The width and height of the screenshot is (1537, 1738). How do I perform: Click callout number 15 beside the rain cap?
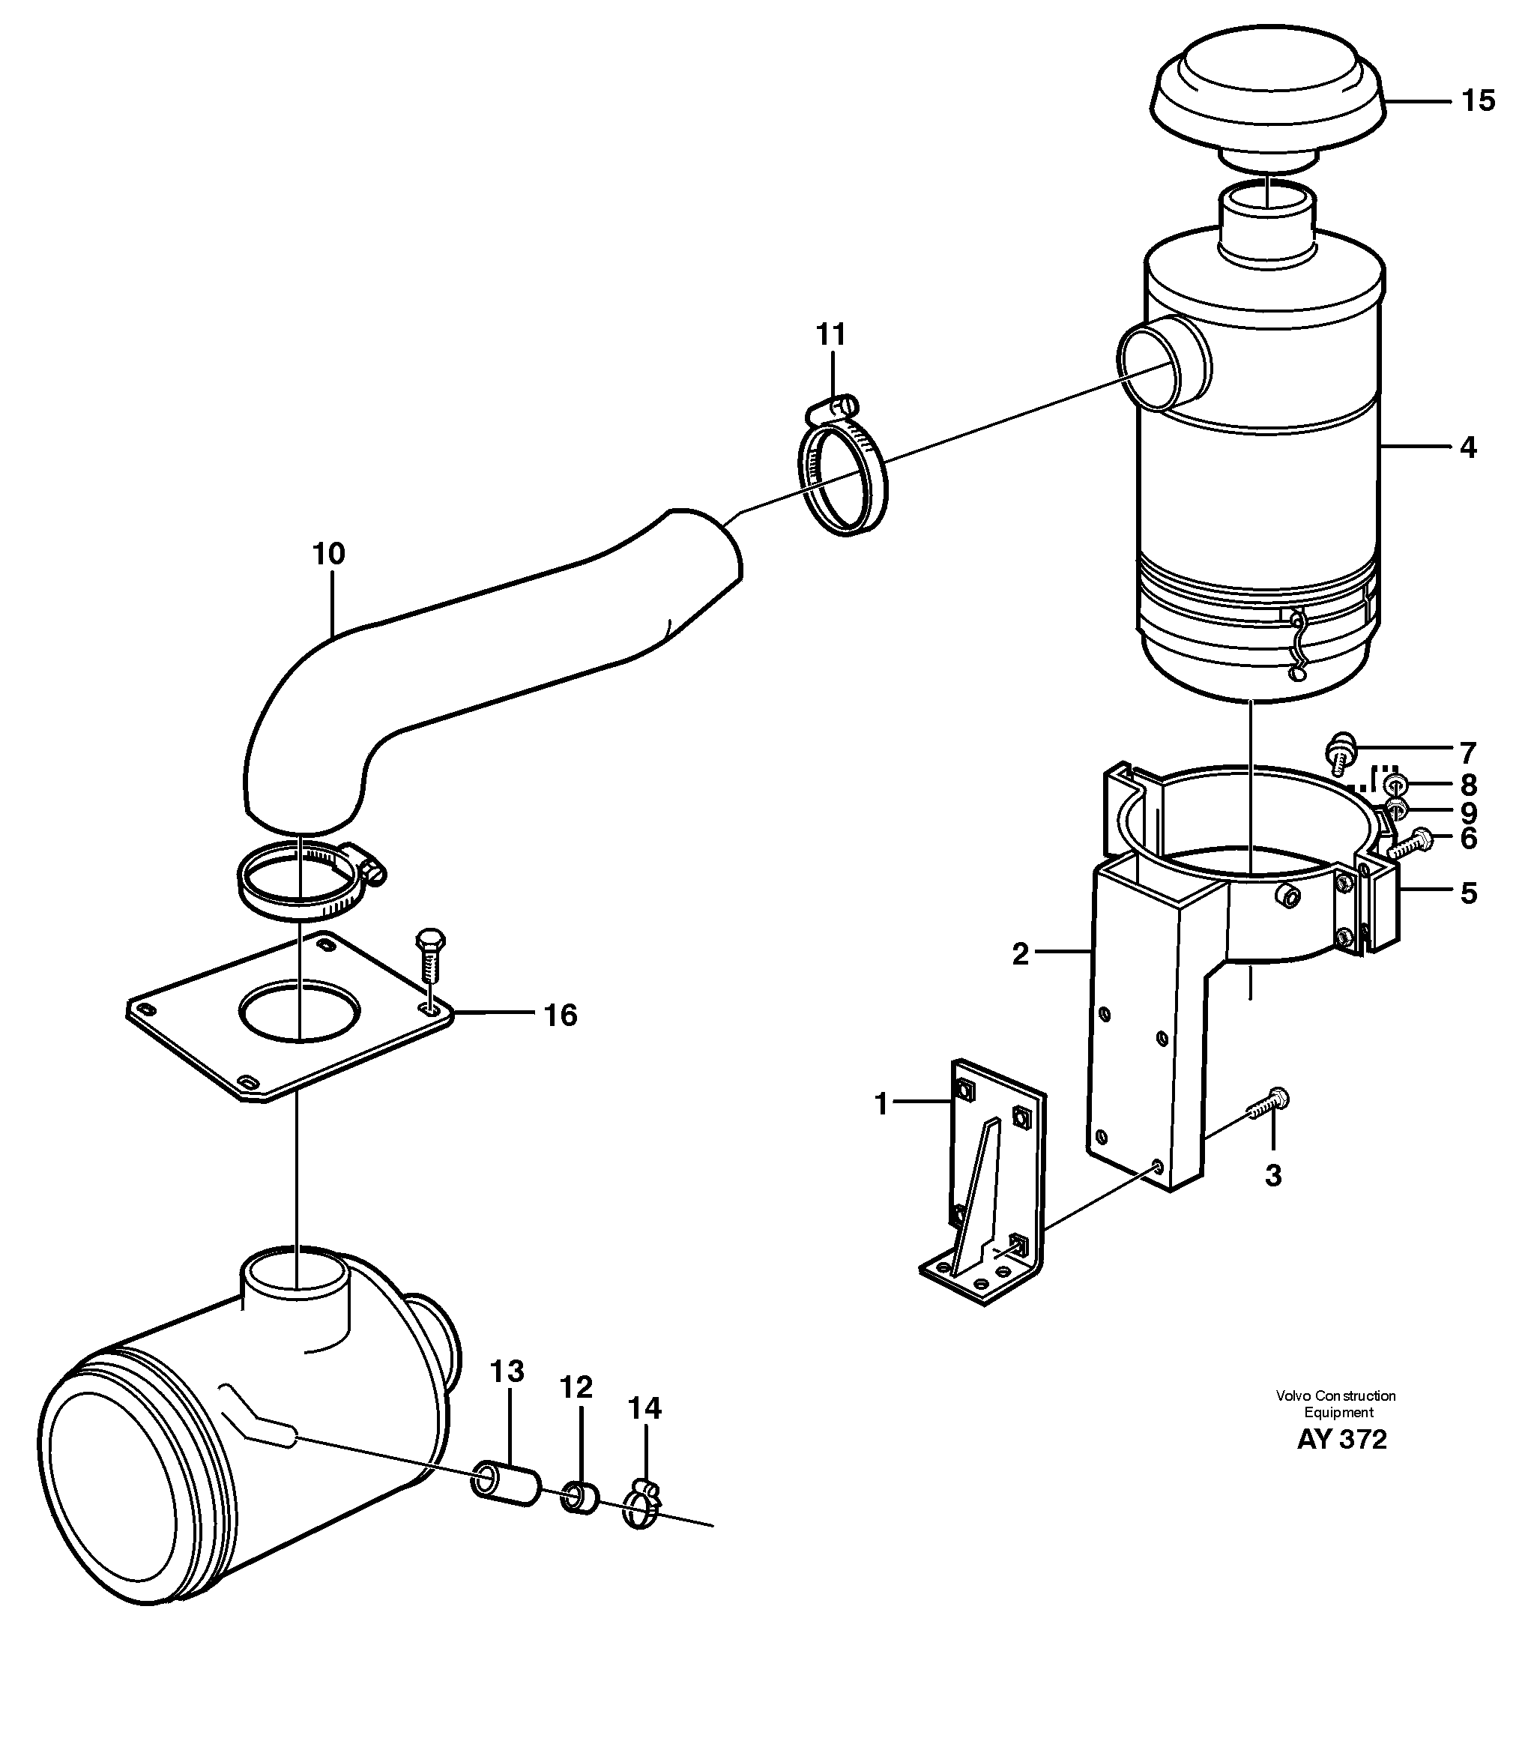1478,100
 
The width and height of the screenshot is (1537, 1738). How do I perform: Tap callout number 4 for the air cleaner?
1467,447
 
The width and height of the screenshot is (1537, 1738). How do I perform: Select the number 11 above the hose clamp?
830,334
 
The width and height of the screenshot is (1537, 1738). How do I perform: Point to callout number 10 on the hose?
328,554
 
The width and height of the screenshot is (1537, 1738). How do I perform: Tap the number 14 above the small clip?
644,1408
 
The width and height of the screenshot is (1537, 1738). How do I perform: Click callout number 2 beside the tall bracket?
1020,954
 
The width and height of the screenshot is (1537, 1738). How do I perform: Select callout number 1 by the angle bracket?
881,1105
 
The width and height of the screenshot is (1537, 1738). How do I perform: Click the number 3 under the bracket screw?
1272,1175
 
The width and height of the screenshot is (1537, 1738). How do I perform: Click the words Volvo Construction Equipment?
1335,1404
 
